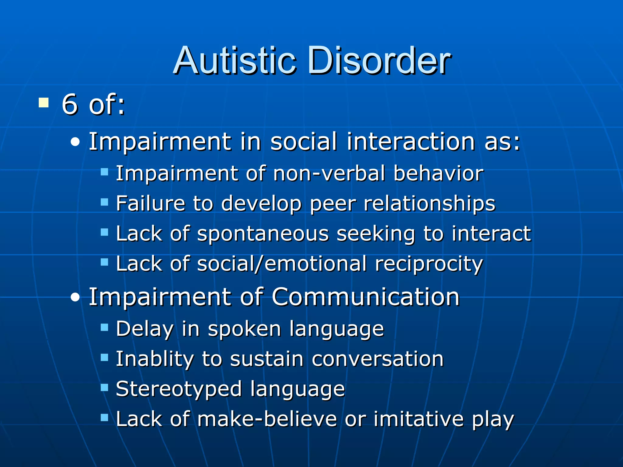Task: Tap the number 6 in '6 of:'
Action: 70,104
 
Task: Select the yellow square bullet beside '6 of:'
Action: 44,102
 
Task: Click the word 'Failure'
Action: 151,203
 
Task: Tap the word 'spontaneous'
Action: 263,234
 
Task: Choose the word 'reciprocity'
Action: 429,264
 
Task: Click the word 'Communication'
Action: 365,297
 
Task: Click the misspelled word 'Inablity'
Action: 155,359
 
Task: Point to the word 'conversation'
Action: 378,359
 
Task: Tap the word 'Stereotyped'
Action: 179,389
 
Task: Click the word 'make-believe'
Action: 267,419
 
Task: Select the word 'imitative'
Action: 419,419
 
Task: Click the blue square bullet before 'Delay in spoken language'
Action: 104,327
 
